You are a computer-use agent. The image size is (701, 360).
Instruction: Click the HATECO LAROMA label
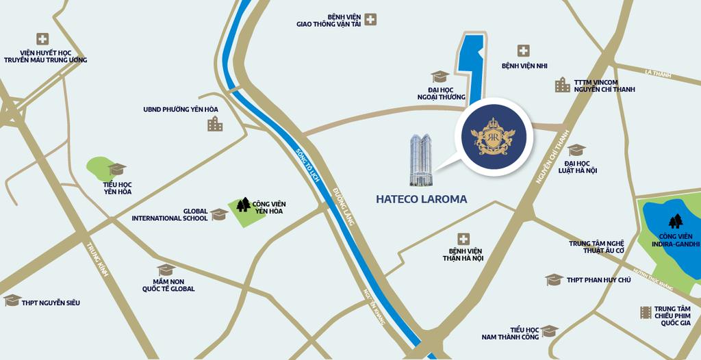(x=421, y=199)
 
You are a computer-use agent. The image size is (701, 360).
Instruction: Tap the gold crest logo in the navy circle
(x=493, y=136)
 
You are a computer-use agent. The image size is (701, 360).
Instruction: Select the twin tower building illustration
(x=422, y=160)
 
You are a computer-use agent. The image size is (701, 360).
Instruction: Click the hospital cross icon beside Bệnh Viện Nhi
(x=523, y=50)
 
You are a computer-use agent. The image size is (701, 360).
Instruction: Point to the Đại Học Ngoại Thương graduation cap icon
(x=439, y=77)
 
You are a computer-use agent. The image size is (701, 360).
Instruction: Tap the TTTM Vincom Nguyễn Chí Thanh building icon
(x=562, y=85)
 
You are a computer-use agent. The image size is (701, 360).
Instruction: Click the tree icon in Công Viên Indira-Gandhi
(x=676, y=221)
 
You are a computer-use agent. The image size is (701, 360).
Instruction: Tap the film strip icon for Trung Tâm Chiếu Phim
(x=646, y=312)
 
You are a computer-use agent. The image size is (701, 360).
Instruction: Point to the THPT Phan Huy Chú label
(x=598, y=280)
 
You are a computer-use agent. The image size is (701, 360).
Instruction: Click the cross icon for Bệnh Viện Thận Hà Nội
(x=463, y=238)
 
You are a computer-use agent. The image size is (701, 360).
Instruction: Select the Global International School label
(x=170, y=214)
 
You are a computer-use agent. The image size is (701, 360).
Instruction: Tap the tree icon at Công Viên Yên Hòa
(x=242, y=204)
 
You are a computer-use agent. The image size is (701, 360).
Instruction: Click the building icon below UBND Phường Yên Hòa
(x=215, y=123)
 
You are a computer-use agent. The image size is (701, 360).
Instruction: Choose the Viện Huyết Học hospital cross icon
(x=42, y=39)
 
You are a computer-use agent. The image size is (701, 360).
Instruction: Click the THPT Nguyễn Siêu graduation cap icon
(x=12, y=300)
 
